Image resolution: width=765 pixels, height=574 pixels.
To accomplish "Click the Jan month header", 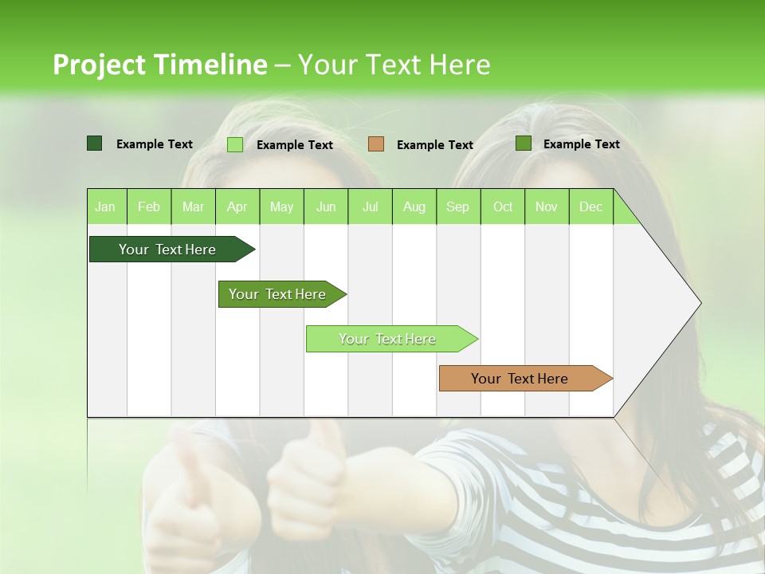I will click(x=106, y=206).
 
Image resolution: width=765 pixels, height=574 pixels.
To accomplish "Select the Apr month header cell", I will click(x=237, y=206).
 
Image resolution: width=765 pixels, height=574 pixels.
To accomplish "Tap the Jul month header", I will click(x=370, y=206).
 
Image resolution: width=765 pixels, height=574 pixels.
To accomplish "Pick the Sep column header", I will click(x=457, y=206).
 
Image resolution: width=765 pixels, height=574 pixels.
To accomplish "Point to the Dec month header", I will click(x=590, y=206).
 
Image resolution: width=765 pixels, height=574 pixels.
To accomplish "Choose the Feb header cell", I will click(x=149, y=206).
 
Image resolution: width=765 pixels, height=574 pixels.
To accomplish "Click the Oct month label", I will click(x=503, y=206).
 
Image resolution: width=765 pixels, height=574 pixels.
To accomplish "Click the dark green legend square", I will click(x=94, y=143).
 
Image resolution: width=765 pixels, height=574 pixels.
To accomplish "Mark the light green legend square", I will click(x=235, y=144).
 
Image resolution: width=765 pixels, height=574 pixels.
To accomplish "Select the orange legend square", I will click(x=376, y=144).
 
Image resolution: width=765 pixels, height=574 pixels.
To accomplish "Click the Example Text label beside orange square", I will click(x=434, y=145).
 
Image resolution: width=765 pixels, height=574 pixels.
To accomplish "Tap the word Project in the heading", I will click(x=99, y=65).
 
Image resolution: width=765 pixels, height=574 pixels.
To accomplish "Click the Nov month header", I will click(x=547, y=206).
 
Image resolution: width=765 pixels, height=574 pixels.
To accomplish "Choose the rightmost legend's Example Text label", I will click(x=581, y=144).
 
